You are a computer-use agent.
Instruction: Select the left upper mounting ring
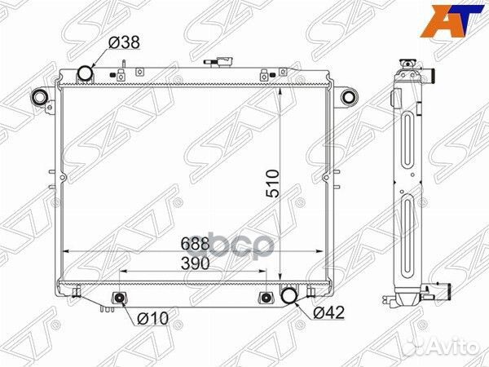tap(39, 98)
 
